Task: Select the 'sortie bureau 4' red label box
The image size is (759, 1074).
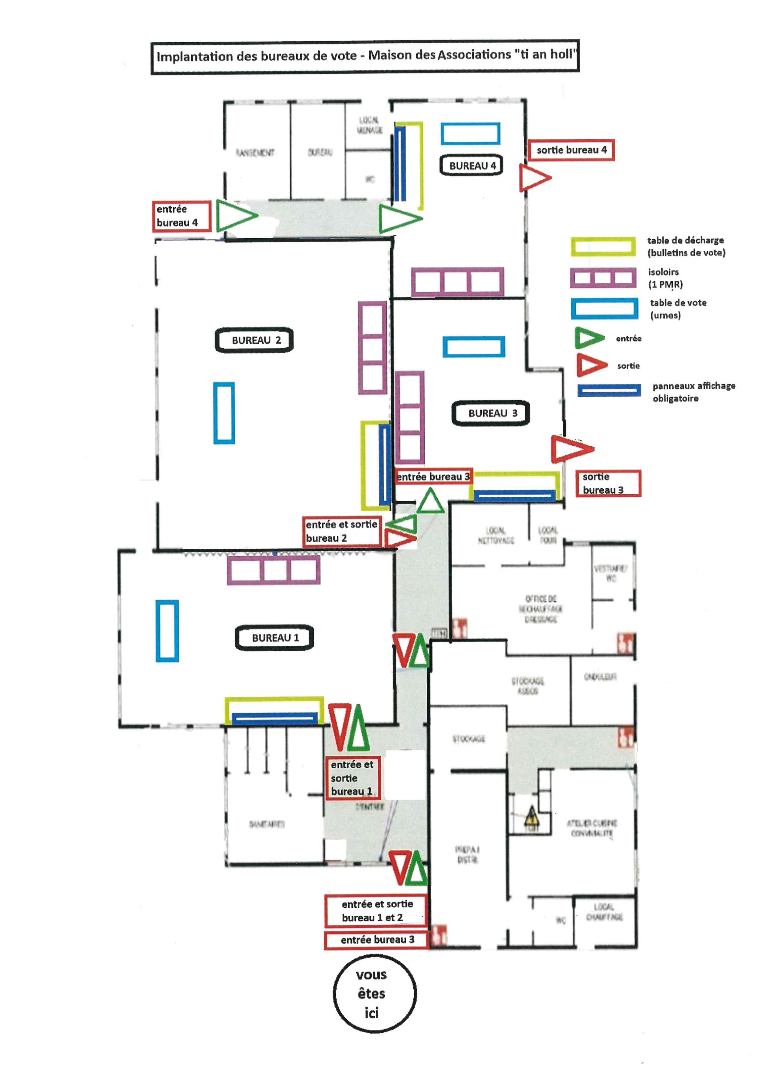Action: (571, 150)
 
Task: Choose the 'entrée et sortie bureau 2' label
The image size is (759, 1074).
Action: (342, 531)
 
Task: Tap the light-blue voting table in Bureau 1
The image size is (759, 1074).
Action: (167, 631)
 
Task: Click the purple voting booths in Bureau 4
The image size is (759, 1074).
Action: (458, 282)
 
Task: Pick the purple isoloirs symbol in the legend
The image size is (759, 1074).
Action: (603, 278)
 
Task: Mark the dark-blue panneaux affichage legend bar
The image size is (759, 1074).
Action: (609, 390)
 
